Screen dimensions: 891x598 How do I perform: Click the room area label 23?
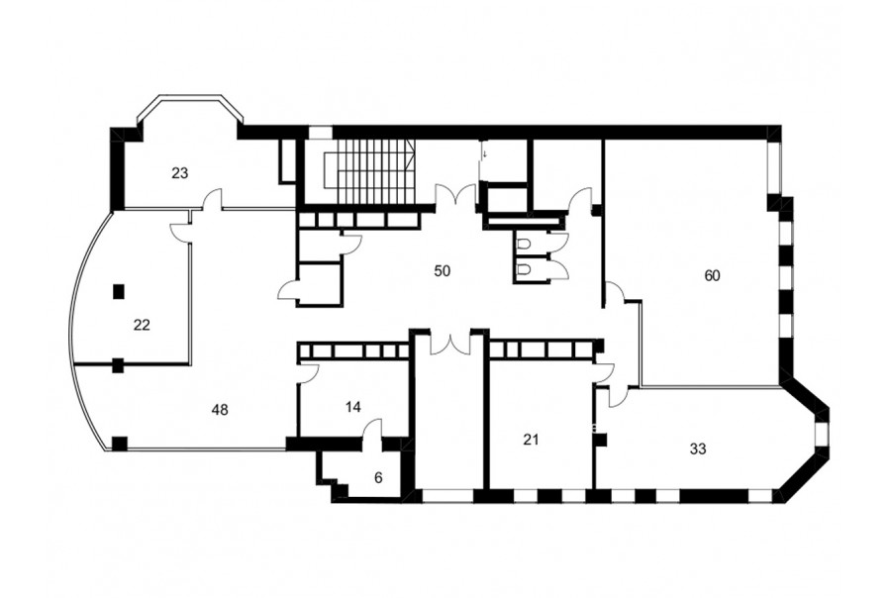click(179, 173)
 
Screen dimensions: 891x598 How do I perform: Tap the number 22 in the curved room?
click(142, 325)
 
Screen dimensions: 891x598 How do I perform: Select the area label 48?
click(220, 409)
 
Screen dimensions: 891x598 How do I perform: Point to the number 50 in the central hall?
click(442, 271)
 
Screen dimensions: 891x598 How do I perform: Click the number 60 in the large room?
click(712, 275)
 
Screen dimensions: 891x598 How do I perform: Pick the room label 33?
click(698, 449)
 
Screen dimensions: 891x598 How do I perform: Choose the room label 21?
click(531, 440)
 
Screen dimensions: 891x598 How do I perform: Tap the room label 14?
click(352, 407)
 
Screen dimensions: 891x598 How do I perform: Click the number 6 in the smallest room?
click(378, 478)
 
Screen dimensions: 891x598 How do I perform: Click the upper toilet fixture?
click(524, 244)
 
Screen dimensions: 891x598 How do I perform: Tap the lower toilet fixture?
click(524, 267)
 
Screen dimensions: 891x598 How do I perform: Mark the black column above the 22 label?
click(118, 292)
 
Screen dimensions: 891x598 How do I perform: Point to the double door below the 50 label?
click(450, 343)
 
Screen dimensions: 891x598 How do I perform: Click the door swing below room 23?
click(212, 199)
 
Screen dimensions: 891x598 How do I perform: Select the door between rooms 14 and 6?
click(372, 431)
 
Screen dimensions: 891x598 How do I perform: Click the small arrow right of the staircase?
click(485, 153)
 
